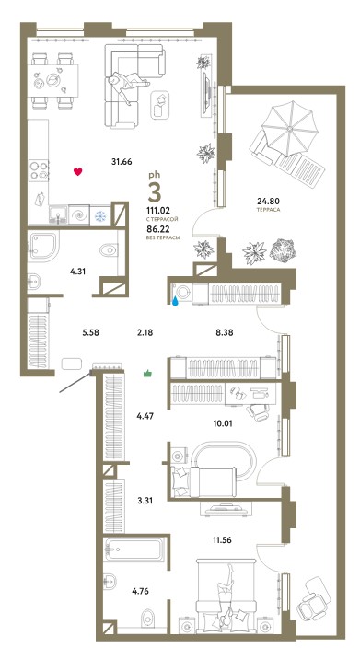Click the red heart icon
pyautogui.click(x=78, y=171)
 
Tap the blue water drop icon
pyautogui.click(x=175, y=301)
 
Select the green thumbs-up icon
pyautogui.click(x=147, y=373)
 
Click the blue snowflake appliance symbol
pyautogui.click(x=100, y=216)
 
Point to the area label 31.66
pyautogui.click(x=122, y=160)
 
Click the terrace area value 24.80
pyautogui.click(x=268, y=201)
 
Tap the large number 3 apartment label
pyautogui.click(x=155, y=193)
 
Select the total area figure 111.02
pyautogui.click(x=157, y=212)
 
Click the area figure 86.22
pyautogui.click(x=157, y=230)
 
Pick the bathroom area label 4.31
pyautogui.click(x=78, y=272)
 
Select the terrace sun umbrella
pyautogui.click(x=290, y=127)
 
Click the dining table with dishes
pyautogui.click(x=53, y=80)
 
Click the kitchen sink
pyautogui.click(x=58, y=215)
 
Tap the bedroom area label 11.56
pyautogui.click(x=223, y=539)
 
